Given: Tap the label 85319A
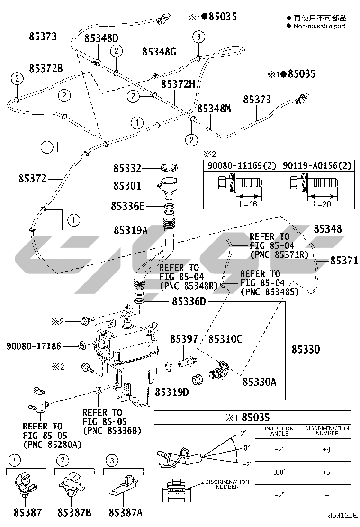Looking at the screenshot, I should pyautogui.click(x=131, y=230).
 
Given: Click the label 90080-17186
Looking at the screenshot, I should pyautogui.click(x=34, y=346).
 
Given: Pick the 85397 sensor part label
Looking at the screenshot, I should pyautogui.click(x=184, y=339).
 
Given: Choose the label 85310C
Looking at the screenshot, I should pyautogui.click(x=225, y=339).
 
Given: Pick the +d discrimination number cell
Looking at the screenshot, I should pyautogui.click(x=326, y=449).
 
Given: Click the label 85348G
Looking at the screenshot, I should pyautogui.click(x=159, y=52).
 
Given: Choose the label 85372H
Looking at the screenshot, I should pyautogui.click(x=178, y=84).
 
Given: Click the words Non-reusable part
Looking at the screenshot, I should pyautogui.click(x=319, y=26).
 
